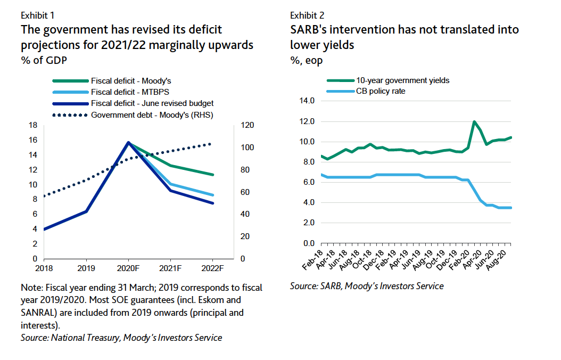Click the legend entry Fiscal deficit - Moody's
point(131,81)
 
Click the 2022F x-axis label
point(213,268)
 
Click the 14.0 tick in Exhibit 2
point(308,101)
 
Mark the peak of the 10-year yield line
point(474,121)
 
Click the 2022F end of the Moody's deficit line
point(213,175)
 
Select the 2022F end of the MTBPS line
point(213,195)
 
